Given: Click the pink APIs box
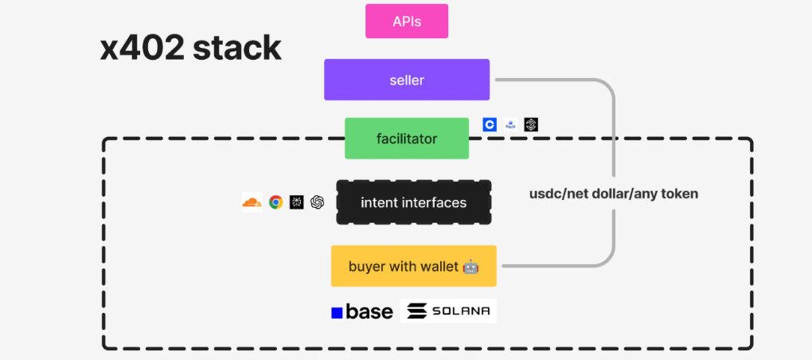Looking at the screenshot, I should [x=407, y=22].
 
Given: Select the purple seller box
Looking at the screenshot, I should [x=407, y=80].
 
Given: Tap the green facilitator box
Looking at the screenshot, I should [x=407, y=139].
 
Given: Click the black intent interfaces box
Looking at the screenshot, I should [x=413, y=202].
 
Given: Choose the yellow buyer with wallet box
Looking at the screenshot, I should [x=413, y=266].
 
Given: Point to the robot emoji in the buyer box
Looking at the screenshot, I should [x=470, y=267].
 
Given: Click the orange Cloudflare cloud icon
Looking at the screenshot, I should [x=252, y=202].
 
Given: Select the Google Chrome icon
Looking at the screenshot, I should [x=275, y=202].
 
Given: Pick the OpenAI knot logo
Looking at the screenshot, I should [x=318, y=202].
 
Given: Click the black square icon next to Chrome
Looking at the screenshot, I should [x=297, y=202].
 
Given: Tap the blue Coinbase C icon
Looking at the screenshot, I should [x=490, y=124].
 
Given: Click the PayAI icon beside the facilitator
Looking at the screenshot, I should [x=510, y=124].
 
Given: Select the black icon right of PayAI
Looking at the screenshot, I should [x=531, y=124].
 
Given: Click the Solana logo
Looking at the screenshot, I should [x=448, y=311].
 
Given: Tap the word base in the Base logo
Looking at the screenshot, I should [x=369, y=312].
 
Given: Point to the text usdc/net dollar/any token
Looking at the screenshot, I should [x=613, y=194].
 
